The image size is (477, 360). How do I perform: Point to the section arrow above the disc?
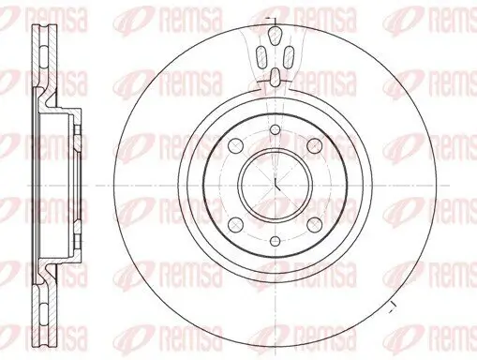coord(271,18)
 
